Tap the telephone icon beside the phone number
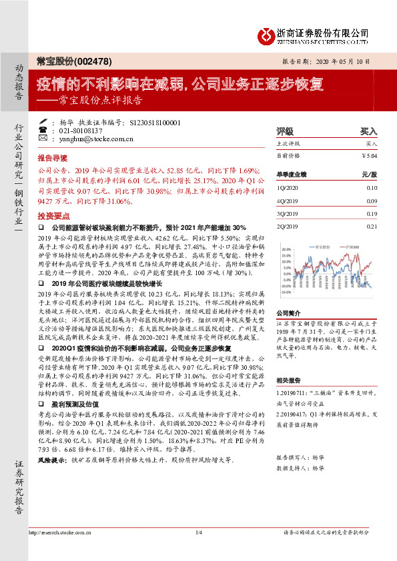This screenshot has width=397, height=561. point(44,131)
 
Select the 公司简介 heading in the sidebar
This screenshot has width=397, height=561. point(290,312)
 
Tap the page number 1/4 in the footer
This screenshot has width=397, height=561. point(198,551)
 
